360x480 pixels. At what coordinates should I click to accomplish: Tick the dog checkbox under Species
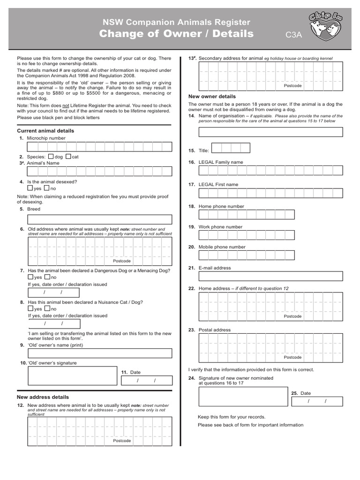[x=51, y=157]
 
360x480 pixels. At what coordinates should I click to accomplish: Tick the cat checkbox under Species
[x=68, y=157]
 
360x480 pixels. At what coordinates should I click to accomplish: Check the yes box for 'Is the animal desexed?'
[x=30, y=188]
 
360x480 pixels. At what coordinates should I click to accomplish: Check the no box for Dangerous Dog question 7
[x=47, y=277]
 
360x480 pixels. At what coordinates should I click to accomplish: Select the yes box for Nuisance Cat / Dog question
[x=30, y=308]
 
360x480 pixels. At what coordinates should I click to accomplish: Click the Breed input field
[x=100, y=219]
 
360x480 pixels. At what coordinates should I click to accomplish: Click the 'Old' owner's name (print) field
[x=100, y=353]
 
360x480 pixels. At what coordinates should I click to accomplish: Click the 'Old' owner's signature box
[x=72, y=375]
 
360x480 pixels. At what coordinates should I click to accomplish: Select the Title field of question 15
[x=231, y=148]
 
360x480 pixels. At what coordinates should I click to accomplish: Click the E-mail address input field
[x=270, y=277]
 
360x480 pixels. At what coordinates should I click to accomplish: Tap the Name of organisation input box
[x=270, y=132]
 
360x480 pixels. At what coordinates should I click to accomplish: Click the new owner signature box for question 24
[x=243, y=396]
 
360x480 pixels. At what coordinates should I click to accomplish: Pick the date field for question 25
[x=317, y=401]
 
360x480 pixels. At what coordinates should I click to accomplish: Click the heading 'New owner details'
[x=212, y=97]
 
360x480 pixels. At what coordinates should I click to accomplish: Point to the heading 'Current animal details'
[x=45, y=131]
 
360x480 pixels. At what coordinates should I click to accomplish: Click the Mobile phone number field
[x=247, y=255]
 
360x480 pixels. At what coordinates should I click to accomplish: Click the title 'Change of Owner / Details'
[x=176, y=34]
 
